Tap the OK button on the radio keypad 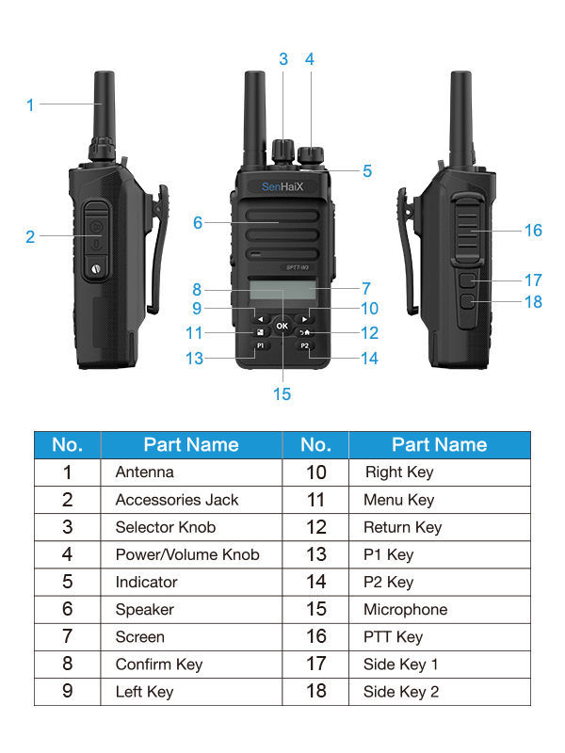click(x=282, y=326)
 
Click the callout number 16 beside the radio click(x=533, y=231)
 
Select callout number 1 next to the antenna click(x=30, y=105)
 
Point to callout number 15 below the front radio click(x=282, y=393)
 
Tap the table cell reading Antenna click(x=144, y=473)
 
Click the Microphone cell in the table click(x=405, y=609)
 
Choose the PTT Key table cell click(x=393, y=637)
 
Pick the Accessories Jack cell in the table click(x=177, y=500)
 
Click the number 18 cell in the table click(x=315, y=692)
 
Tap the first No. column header click(x=68, y=444)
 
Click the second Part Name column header click(x=439, y=444)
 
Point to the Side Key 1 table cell click(x=401, y=665)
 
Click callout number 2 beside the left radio click(x=30, y=237)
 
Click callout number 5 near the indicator click(x=367, y=171)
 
